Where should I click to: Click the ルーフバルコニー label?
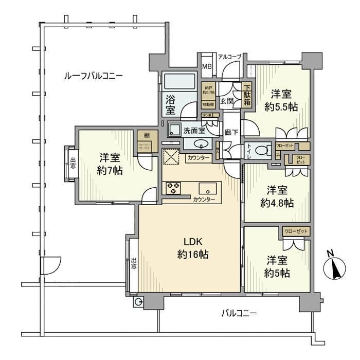pos(93,76)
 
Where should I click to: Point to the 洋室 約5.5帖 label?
pos(281,100)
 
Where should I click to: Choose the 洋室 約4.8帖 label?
pos(277,196)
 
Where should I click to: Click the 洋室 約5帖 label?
pos(277,266)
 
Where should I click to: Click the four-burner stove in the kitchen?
pos(172,188)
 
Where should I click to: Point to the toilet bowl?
pos(261,150)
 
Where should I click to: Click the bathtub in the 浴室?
pos(178,82)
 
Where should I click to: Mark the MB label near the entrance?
pos(206,66)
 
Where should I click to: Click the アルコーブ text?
pos(229,56)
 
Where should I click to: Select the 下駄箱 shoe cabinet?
pos(247,96)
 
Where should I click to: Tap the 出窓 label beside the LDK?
pos(133,264)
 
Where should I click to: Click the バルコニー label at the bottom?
pos(239,312)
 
